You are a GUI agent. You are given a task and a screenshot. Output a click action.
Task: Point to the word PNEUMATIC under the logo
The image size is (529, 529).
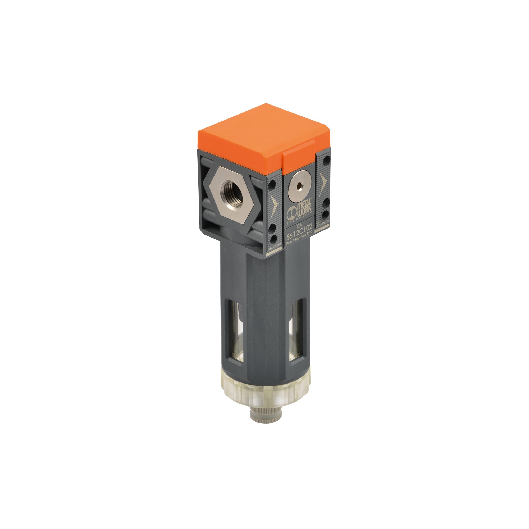(300, 220)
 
